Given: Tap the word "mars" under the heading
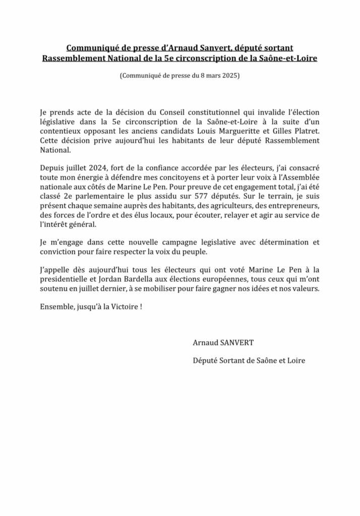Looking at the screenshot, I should click(212, 76).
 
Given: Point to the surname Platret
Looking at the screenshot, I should click(306, 131).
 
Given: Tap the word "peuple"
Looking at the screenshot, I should click(192, 251).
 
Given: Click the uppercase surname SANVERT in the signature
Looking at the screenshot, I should click(234, 343).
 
